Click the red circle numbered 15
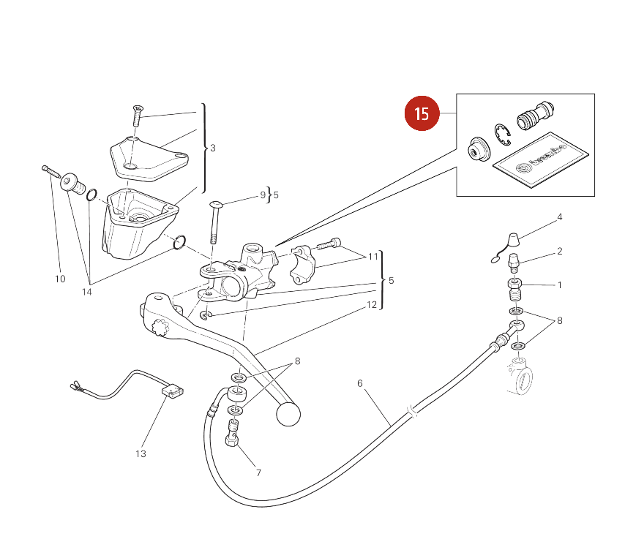pos(422,113)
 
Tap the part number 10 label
pos(60,279)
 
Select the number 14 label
pos(87,292)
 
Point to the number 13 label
pos(141,453)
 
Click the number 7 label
pos(258,472)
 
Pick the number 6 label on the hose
pos(360,383)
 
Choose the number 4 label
pos(560,217)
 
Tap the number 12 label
pos(372,305)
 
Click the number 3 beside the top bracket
pos(213,148)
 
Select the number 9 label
pos(263,195)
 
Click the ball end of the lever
pos(288,414)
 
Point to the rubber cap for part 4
pos(512,239)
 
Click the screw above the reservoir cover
pos(137,114)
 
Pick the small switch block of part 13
pos(173,392)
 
